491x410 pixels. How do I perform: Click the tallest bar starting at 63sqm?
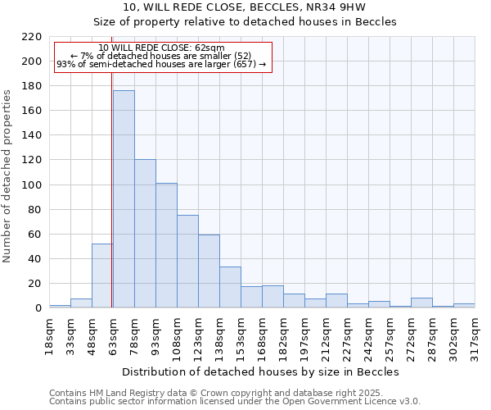coord(124,199)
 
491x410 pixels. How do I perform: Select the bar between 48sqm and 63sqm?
coord(102,276)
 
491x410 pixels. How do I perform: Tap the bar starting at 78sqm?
coord(145,234)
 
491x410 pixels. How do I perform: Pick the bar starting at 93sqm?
coord(166,245)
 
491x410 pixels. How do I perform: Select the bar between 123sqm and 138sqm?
coord(209,271)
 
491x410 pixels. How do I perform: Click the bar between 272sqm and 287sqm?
coord(421,303)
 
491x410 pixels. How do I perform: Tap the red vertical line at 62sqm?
coord(112,205)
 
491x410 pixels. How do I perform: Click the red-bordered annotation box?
coord(162,57)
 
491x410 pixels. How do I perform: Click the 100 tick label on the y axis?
coord(31,185)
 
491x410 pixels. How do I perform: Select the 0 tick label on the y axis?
coord(38,308)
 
